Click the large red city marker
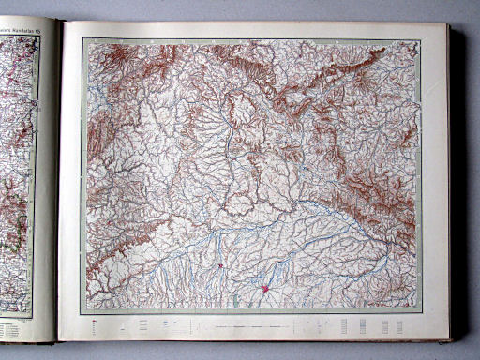(x=265, y=290)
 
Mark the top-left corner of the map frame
(x=82, y=38)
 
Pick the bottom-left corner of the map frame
(x=82, y=313)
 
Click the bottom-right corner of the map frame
(x=423, y=312)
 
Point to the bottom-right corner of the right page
(x=448, y=339)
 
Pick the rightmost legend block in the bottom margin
(x=399, y=325)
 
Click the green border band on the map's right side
(x=418, y=178)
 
